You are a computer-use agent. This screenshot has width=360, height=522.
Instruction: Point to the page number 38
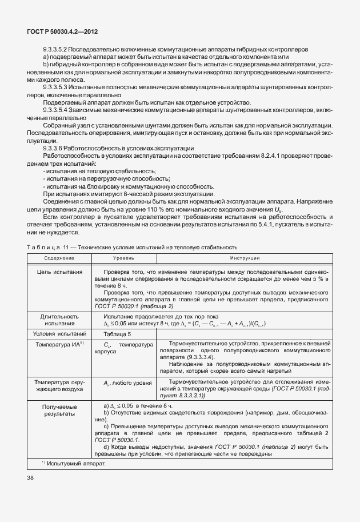(30, 476)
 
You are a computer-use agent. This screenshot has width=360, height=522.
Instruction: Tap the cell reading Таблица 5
(117, 334)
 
